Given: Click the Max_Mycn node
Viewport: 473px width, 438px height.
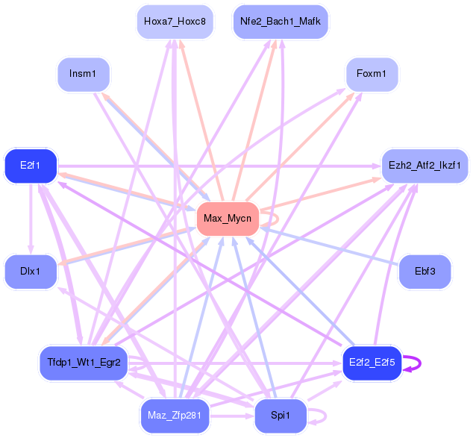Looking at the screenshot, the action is pos(228,219).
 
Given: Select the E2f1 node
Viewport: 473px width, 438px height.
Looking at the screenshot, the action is pos(31,166).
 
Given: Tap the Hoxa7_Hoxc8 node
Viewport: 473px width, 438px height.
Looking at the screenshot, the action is pos(175,22).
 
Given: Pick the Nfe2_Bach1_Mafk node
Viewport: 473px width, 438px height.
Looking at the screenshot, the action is pos(281,22).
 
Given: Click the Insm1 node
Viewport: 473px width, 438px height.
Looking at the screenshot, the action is pos(84,74).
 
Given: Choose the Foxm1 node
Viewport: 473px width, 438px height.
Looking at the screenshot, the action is pos(372,74).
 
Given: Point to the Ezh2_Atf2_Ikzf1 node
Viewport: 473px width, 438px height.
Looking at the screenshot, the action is pos(425,166).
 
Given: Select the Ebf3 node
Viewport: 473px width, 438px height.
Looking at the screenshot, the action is pos(425,272).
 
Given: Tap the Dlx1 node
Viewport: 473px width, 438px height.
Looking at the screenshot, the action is pos(31,272).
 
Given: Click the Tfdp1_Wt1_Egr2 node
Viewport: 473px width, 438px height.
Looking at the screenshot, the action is pos(84,363).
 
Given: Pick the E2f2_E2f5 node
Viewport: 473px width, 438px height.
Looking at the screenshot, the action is pos(372,363).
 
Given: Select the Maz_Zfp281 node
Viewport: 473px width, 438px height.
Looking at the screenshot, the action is pos(175,416).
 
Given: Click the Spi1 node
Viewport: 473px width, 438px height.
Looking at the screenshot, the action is pos(281,416).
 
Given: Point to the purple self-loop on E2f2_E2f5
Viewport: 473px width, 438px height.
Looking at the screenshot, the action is pos(420,363).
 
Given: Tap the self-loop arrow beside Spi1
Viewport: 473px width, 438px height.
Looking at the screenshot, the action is pos(325,416).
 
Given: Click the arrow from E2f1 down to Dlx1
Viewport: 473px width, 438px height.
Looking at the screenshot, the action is pos(31,219).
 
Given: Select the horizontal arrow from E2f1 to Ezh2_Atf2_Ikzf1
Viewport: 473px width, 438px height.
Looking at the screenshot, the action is pos(219,166).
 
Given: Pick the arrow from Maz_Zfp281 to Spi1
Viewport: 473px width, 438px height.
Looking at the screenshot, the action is pos(232,416).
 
